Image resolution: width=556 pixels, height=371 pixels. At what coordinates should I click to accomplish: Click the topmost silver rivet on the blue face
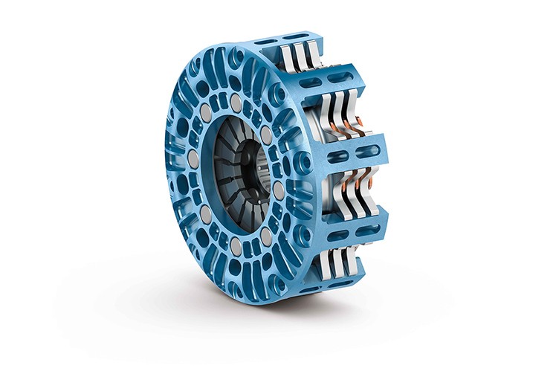click(x=236, y=100)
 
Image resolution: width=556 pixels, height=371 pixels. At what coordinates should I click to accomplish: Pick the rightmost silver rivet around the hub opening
click(x=279, y=190)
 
